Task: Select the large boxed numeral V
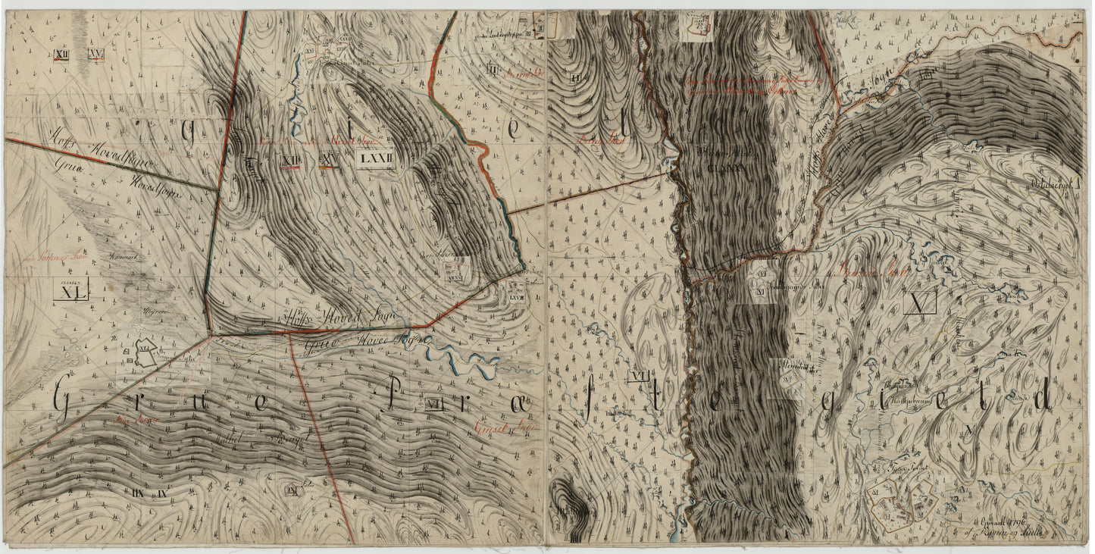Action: (920, 302)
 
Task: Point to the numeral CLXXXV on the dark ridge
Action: (726, 169)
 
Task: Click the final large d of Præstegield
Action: (1041, 399)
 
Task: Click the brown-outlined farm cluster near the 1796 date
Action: (902, 505)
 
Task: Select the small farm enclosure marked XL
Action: (143, 353)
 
